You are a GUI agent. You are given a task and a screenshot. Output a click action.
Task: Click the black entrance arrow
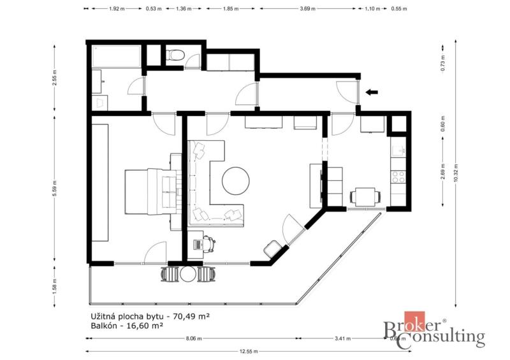[x=372, y=92]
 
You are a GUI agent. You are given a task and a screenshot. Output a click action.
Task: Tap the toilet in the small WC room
[x=175, y=55]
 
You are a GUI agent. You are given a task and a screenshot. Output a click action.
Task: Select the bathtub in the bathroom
[x=117, y=57]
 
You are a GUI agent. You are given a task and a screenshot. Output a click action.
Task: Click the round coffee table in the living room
[x=236, y=181]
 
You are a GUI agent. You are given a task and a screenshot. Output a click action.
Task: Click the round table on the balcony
[x=187, y=274]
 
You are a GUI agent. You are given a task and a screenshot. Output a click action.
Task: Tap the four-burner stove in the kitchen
[x=398, y=177]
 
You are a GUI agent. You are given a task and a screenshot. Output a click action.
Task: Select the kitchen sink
[x=398, y=151]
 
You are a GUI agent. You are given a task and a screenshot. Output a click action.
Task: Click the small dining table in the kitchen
[x=365, y=196]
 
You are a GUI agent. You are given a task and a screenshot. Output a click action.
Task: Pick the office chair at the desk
[x=209, y=243]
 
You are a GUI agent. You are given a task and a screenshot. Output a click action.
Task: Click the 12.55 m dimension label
[x=249, y=351]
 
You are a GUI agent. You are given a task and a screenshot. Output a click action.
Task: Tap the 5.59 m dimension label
[x=55, y=189]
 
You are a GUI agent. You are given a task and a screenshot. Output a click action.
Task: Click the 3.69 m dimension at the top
[x=307, y=9]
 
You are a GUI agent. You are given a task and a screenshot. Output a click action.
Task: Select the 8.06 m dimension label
[x=194, y=338]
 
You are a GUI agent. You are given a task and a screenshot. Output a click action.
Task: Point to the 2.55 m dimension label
[x=55, y=78]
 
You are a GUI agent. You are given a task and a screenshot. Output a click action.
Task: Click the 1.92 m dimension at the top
[x=117, y=9]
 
